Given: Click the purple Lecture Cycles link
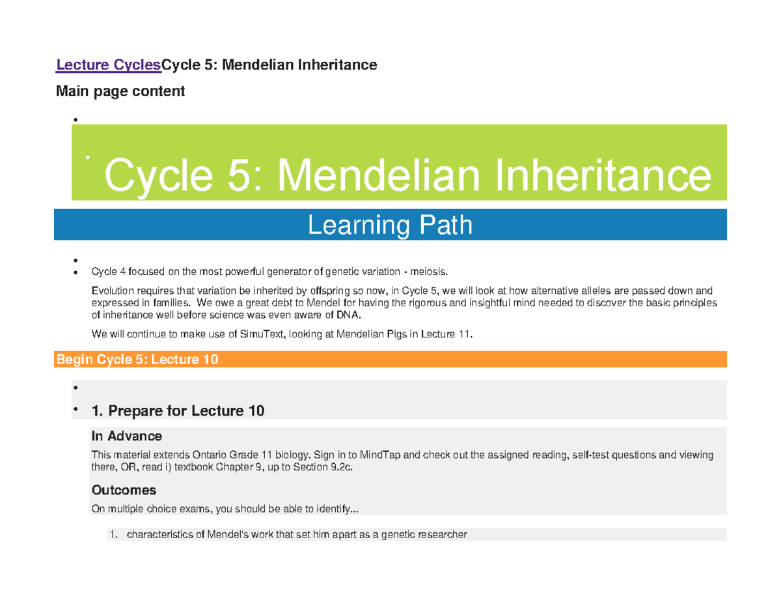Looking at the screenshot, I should [x=108, y=65].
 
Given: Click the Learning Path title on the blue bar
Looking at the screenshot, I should [x=389, y=225].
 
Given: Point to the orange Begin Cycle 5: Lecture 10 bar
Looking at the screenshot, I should [x=390, y=359].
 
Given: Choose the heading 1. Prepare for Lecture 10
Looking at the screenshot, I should [x=178, y=410].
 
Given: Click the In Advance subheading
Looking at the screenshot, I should [x=127, y=435].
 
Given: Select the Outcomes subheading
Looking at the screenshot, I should [x=124, y=489].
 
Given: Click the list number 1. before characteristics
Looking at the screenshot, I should [x=113, y=535].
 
